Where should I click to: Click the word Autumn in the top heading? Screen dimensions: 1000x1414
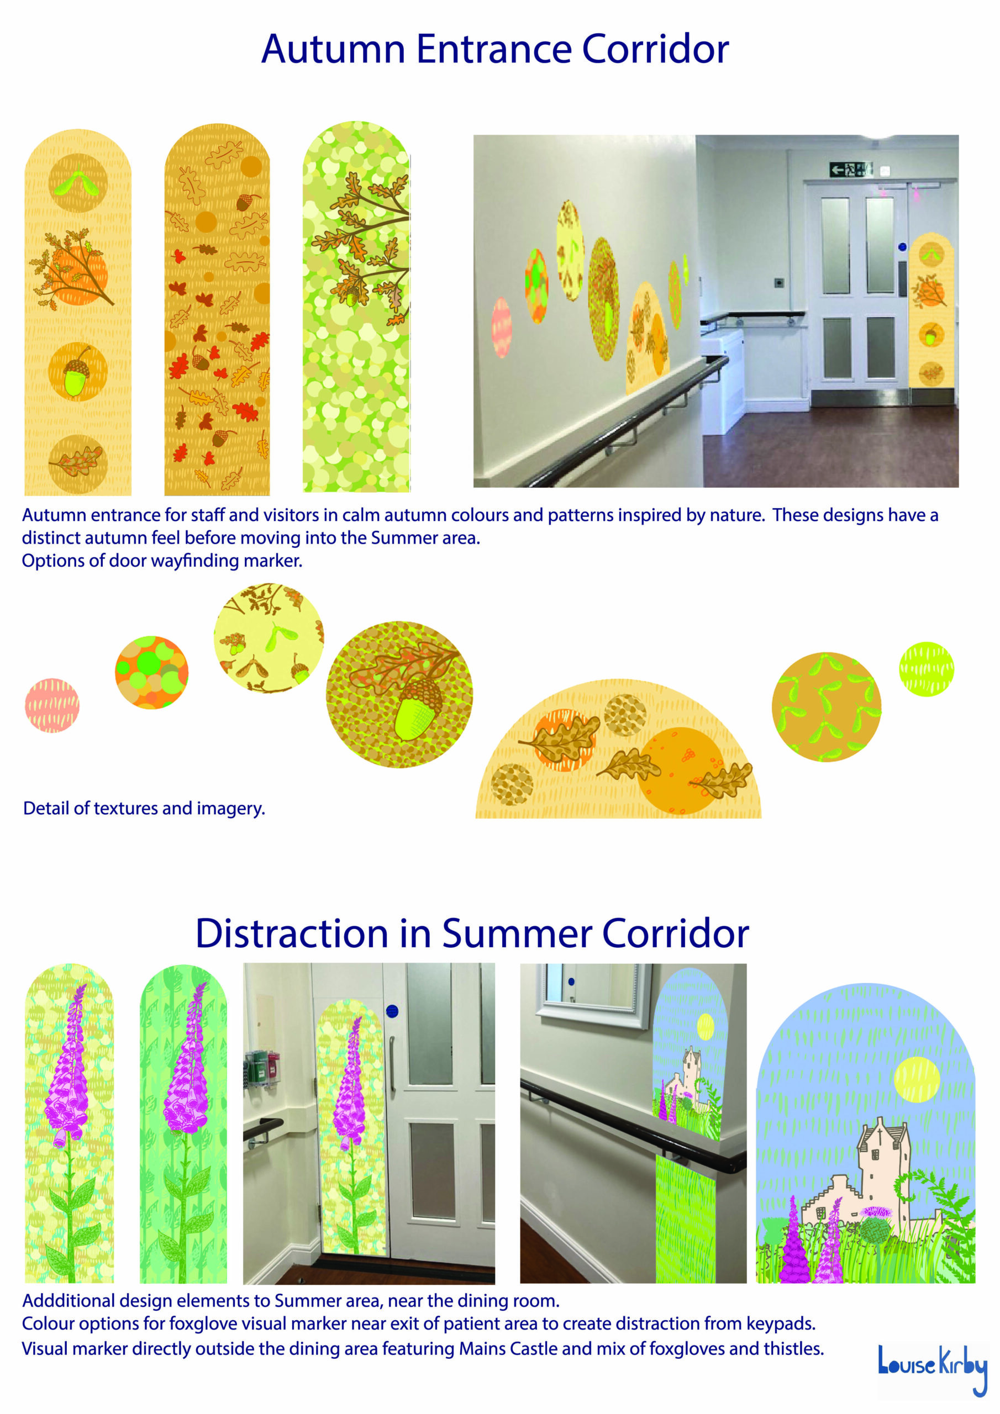point(333,49)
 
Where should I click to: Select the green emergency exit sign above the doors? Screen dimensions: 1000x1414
point(851,168)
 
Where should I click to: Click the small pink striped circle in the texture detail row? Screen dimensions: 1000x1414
point(52,705)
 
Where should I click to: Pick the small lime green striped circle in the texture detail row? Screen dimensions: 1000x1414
point(926,669)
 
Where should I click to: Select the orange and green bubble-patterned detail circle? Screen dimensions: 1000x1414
point(151,673)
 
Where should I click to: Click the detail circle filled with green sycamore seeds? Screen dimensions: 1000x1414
point(827,707)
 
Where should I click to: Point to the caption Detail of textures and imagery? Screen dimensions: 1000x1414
point(144,808)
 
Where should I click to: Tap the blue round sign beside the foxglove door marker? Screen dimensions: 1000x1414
point(392,1011)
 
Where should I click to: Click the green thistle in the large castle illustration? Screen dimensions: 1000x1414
point(876,1227)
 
